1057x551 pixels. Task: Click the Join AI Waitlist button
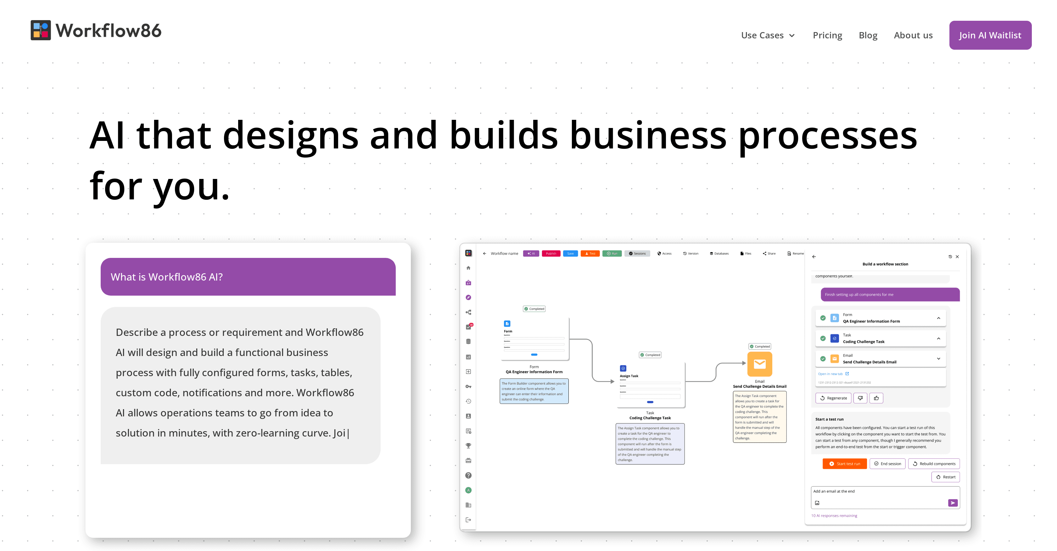tap(990, 35)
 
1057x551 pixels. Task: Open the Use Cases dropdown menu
tap(768, 35)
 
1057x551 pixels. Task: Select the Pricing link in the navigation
tap(827, 35)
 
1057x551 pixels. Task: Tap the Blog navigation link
tap(868, 35)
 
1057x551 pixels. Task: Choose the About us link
tap(913, 35)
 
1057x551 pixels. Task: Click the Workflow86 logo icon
tap(41, 31)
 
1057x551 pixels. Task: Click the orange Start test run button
tap(844, 464)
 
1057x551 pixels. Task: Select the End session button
tap(887, 464)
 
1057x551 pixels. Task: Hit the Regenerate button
tap(833, 398)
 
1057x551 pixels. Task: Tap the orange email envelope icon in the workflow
tap(759, 364)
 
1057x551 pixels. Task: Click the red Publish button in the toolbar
tap(551, 253)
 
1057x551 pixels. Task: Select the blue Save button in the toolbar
tap(570, 253)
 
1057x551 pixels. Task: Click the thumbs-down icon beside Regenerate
tap(860, 398)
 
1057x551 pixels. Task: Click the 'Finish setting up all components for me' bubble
tap(890, 295)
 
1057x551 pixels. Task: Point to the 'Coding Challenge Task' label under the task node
tap(650, 418)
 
